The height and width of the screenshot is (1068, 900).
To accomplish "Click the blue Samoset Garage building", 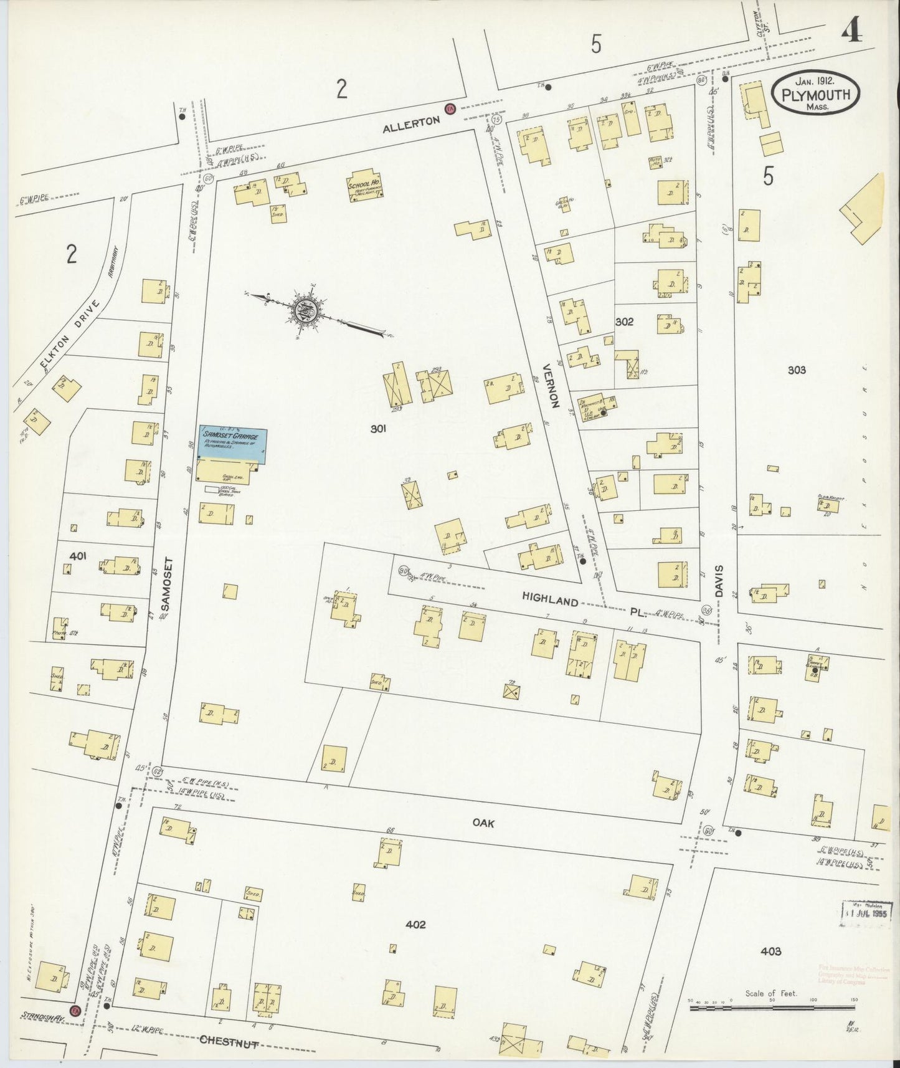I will pos(232,444).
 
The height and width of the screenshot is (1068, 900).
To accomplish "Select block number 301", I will pos(378,429).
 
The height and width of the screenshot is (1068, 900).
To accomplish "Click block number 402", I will pos(415,924).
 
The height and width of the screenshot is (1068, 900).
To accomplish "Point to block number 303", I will pos(796,370).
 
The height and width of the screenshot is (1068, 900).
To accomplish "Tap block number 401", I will pos(78,556).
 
